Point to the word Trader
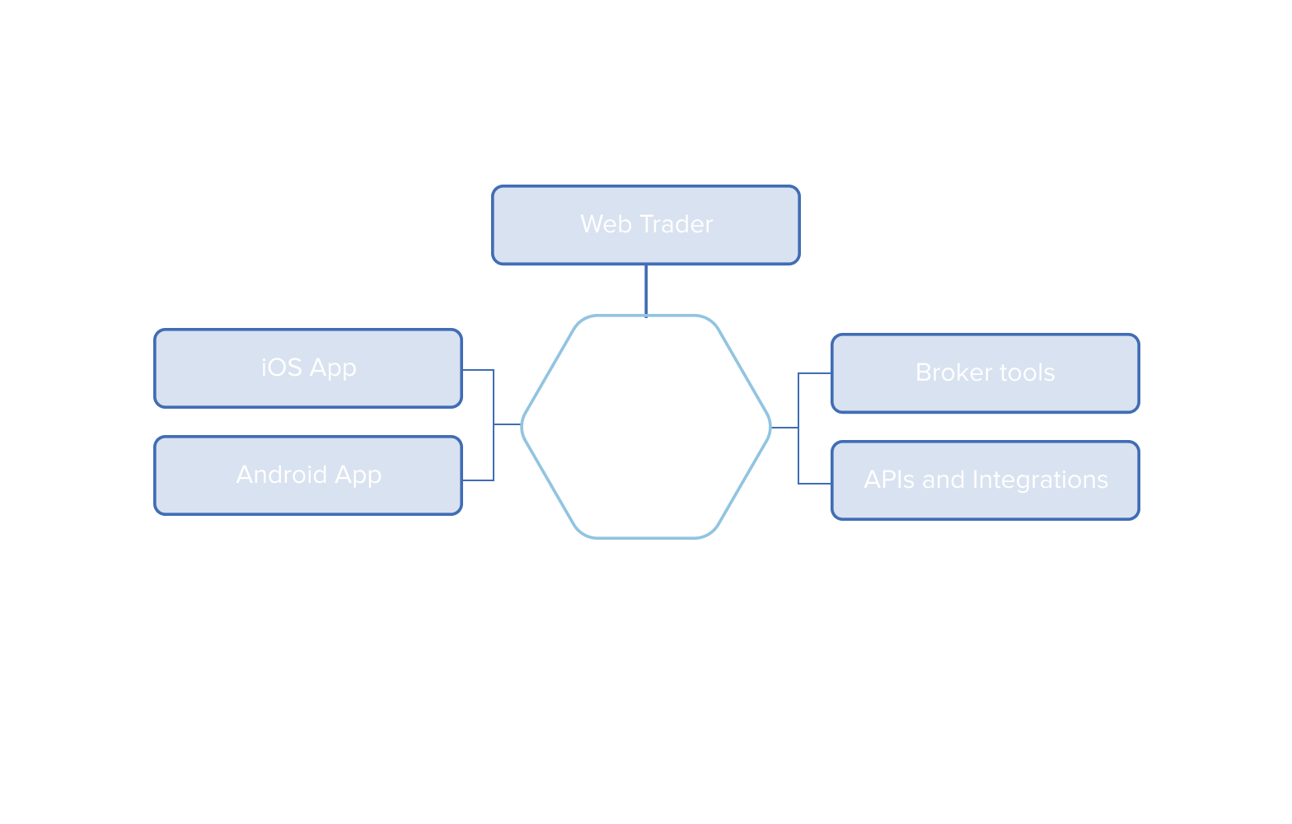tap(676, 224)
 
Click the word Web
tap(606, 224)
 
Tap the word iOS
tap(282, 368)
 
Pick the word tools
tap(1027, 372)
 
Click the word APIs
tap(890, 480)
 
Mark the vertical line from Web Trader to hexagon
tap(646, 290)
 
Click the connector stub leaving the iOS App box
tap(478, 370)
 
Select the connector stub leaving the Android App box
tap(478, 480)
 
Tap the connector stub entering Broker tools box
tap(814, 373)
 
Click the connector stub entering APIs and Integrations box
tap(814, 484)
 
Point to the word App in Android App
tap(358, 475)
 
